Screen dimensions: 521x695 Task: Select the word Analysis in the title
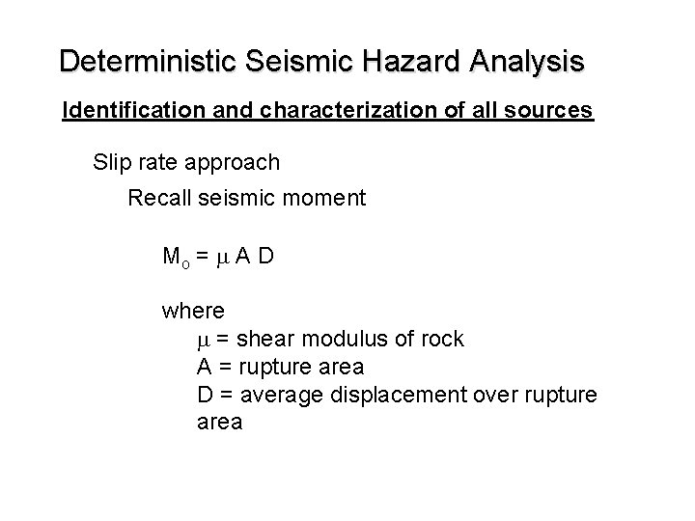(526, 62)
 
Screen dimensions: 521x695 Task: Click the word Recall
(160, 199)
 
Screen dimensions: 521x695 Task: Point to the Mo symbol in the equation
(175, 258)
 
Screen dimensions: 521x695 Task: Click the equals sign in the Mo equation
(203, 258)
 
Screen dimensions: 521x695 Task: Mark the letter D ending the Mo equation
(267, 257)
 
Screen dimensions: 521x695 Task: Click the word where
(194, 312)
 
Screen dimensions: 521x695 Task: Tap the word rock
(442, 340)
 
